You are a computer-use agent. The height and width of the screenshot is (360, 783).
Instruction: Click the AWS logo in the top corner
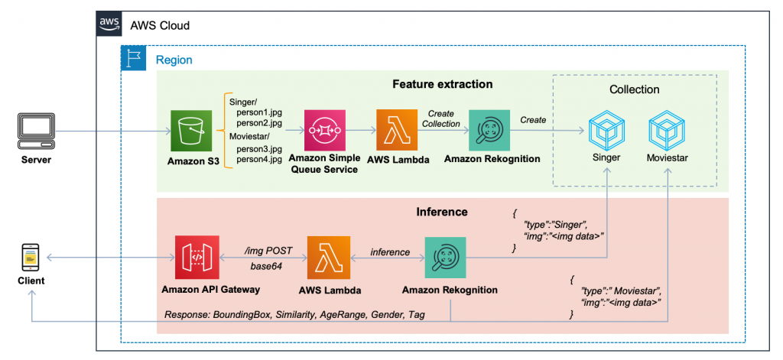(x=108, y=24)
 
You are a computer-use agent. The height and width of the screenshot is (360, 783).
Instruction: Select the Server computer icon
(x=35, y=131)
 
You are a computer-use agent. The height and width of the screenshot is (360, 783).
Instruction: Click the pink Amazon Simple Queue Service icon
(x=324, y=131)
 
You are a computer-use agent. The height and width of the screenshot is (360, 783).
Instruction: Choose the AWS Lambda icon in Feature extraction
(x=396, y=131)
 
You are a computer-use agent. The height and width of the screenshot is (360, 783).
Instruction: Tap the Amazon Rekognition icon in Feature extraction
(x=489, y=131)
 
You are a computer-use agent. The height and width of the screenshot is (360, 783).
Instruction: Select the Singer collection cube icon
(x=607, y=131)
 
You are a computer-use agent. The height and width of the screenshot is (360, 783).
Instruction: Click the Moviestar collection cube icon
(x=668, y=131)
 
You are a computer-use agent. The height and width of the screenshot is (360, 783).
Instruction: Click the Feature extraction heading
(x=443, y=84)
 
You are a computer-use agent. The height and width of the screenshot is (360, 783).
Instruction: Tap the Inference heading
(x=442, y=212)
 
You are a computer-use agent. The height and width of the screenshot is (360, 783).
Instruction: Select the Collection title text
(x=634, y=90)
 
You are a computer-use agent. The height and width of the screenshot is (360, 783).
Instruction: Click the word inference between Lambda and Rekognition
(x=390, y=253)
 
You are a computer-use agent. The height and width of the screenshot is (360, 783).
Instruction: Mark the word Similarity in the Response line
(x=298, y=315)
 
